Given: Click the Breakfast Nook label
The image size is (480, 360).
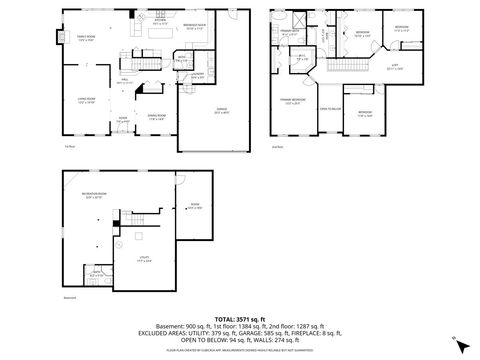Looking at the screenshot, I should coord(196,26).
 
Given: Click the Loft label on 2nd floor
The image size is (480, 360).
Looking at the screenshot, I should coord(394,66).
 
